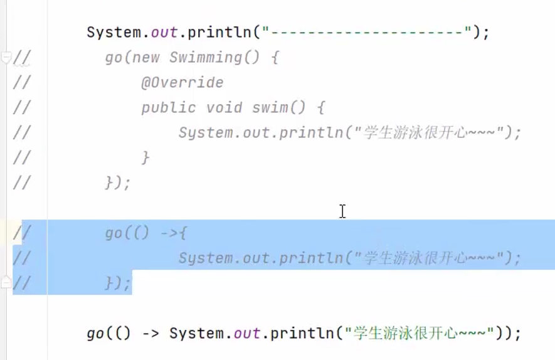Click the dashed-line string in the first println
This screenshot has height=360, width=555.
[367, 32]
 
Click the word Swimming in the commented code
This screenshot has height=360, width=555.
[205, 58]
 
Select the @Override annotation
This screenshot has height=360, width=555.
[182, 83]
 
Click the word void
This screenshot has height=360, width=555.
[224, 108]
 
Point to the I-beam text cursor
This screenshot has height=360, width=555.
[342, 211]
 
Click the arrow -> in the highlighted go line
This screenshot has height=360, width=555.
[169, 233]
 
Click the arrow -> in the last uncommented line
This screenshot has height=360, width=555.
[151, 333]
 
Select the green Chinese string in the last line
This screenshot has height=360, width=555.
[418, 333]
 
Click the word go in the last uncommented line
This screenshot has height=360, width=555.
[95, 333]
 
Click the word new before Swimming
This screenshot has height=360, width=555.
[146, 58]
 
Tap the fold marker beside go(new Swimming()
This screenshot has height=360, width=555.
[6, 58]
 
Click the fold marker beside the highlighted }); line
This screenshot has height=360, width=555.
[6, 283]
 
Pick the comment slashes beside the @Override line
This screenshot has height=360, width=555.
[21, 83]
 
